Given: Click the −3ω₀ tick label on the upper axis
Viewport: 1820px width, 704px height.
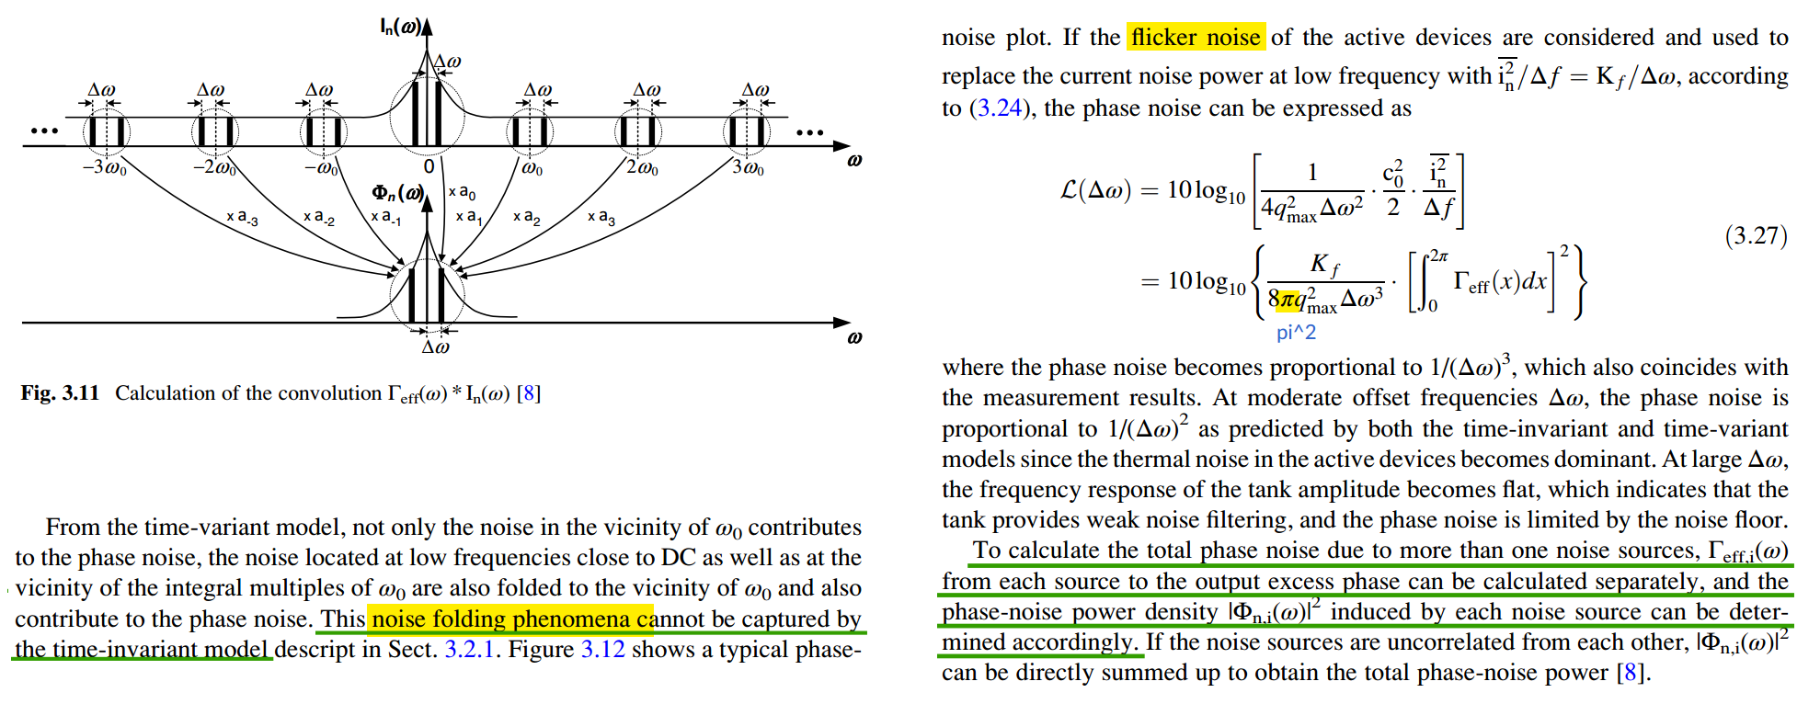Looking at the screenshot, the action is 105,169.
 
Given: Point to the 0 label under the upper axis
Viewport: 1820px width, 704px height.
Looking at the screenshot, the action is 429,167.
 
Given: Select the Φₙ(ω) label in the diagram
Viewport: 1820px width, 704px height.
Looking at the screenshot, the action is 397,193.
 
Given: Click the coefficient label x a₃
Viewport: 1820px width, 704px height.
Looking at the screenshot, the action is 601,217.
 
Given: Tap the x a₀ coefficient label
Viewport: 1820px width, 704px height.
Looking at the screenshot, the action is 462,192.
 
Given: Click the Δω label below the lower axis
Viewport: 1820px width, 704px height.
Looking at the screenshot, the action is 435,347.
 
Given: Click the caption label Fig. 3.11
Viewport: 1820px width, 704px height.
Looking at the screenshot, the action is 60,393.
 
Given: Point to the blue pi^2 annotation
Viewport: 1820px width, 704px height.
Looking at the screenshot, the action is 1296,333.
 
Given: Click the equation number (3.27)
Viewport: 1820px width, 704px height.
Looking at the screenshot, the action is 1756,236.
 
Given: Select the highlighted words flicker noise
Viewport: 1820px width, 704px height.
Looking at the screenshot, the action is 1196,38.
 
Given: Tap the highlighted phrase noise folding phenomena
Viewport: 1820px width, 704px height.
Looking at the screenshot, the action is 511,619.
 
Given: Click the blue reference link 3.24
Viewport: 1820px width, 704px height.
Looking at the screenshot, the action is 999,108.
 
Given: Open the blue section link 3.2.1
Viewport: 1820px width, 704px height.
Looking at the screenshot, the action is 470,650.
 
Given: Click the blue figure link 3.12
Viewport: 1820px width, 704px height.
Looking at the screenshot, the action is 602,650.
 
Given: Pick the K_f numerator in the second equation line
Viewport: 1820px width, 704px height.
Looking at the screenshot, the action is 1325,265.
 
